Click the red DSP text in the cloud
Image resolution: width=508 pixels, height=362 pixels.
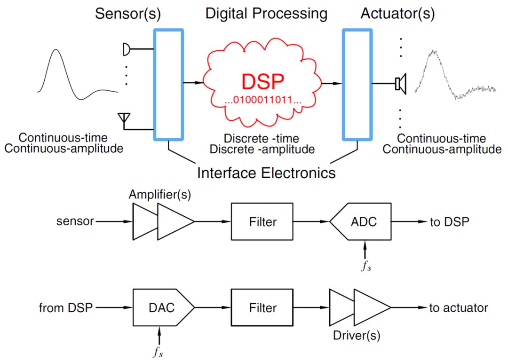[263, 81]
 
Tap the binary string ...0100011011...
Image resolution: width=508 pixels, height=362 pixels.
[263, 100]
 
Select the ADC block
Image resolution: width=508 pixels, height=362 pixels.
[360, 222]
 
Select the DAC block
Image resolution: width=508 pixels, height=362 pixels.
[164, 307]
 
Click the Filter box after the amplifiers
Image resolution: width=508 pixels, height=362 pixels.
[262, 222]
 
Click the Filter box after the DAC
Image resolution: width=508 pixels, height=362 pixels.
[262, 307]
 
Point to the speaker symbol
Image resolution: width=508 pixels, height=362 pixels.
[401, 84]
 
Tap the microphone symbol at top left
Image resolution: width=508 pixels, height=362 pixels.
[127, 49]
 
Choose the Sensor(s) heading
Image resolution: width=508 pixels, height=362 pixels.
[127, 14]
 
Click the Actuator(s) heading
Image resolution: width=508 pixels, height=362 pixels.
[397, 14]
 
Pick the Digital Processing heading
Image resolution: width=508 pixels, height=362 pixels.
[266, 14]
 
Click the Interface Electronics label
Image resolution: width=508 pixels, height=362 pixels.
[266, 173]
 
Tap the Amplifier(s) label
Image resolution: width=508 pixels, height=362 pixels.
[160, 195]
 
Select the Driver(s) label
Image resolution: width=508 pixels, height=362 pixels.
[357, 336]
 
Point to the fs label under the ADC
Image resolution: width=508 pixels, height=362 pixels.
[366, 266]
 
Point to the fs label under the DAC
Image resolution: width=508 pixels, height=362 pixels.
[158, 352]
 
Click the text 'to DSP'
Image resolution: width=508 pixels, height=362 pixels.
[450, 222]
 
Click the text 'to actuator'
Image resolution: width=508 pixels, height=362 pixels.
[459, 307]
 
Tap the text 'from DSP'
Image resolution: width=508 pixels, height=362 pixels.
[66, 307]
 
